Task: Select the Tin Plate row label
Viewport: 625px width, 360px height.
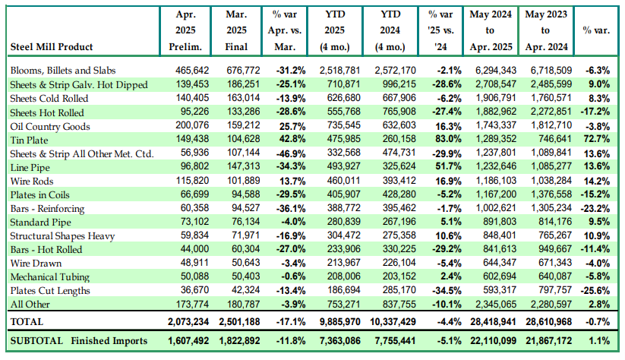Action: tap(31, 140)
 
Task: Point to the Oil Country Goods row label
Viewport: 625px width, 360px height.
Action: tap(50, 126)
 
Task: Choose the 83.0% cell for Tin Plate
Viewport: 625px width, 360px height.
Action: tap(439, 140)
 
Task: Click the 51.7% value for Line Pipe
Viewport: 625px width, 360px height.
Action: tap(439, 167)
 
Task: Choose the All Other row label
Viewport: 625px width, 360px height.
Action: tap(32, 304)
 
